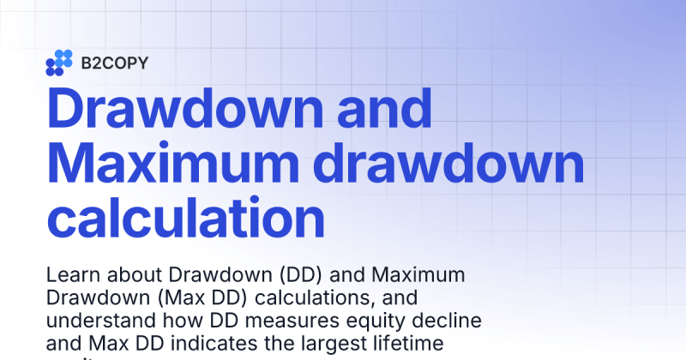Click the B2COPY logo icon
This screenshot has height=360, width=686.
[59, 63]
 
